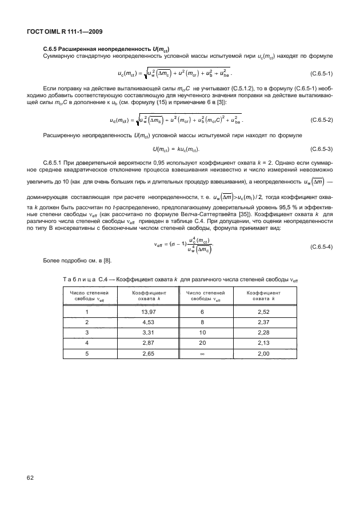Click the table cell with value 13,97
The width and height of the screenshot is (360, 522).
click(x=141, y=312)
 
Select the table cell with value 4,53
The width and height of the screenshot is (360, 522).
click(x=141, y=322)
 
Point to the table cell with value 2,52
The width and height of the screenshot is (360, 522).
click(x=263, y=312)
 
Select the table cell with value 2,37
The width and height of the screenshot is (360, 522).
click(x=263, y=322)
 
